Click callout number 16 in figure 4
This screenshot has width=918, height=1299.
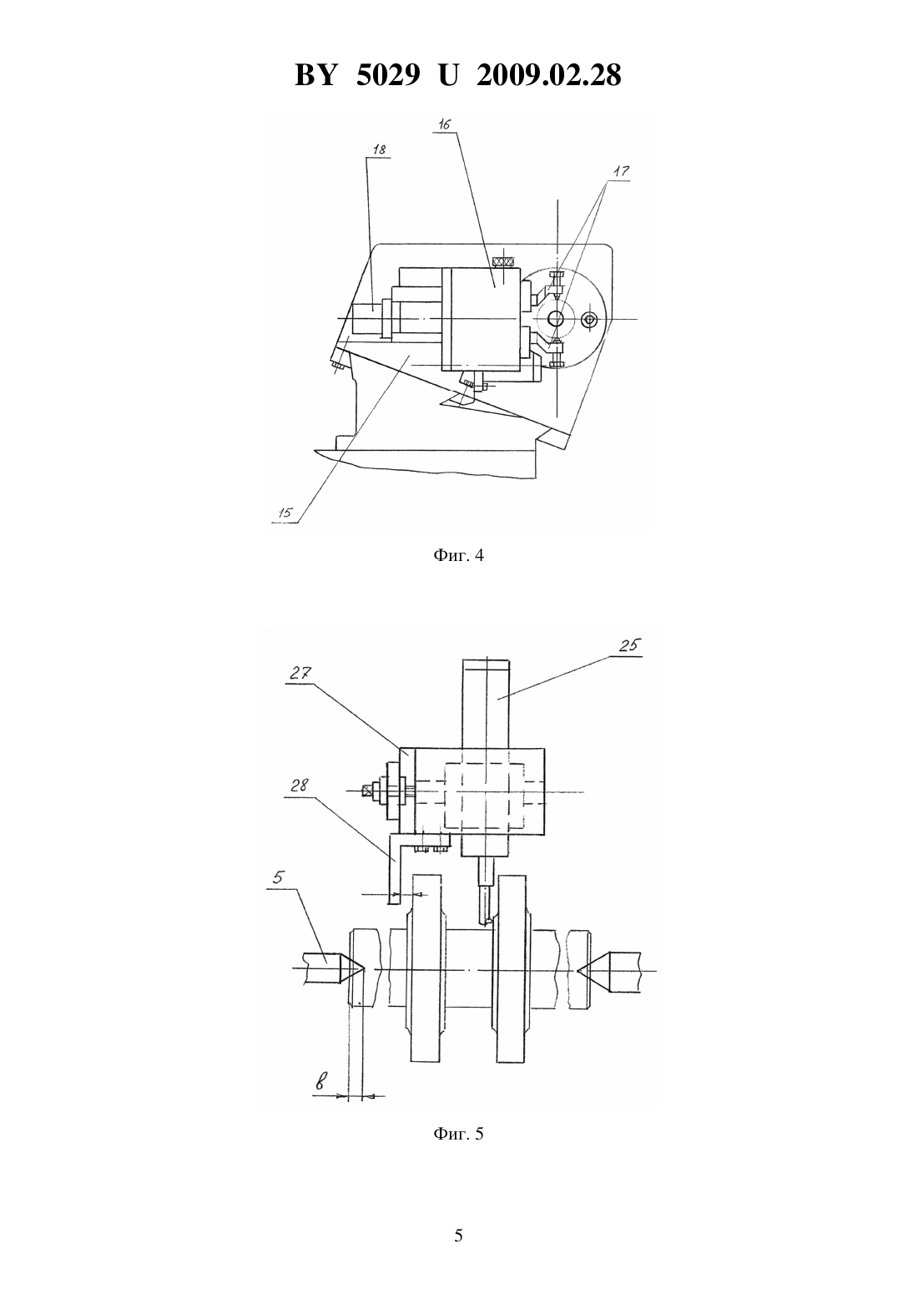445,124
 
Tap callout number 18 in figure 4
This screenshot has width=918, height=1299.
378,149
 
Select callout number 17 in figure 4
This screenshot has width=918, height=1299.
622,172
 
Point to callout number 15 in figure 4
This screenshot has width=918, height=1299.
285,513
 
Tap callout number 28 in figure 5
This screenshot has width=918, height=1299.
299,786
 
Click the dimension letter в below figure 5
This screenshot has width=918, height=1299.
320,1081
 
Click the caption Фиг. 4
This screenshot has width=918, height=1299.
458,555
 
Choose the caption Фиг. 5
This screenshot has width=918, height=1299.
458,1150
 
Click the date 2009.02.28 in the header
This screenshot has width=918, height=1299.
549,75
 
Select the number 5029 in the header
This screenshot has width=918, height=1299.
388,75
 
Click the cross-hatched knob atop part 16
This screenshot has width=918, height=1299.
503,262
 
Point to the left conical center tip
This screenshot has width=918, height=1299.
364,969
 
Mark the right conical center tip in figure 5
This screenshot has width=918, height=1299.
578,969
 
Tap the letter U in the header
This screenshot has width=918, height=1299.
448,75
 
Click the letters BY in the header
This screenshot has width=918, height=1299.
315,75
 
